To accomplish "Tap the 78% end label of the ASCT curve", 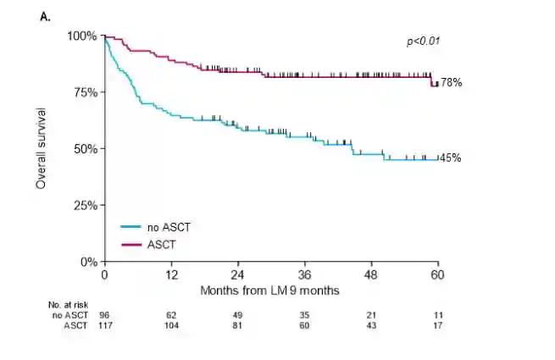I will click(x=451, y=82).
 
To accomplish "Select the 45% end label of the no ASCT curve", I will click(x=450, y=158).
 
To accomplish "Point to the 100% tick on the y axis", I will click(x=84, y=36).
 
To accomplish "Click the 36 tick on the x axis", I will click(x=304, y=276).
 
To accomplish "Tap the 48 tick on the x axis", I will click(x=371, y=276).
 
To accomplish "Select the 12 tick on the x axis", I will click(x=170, y=276).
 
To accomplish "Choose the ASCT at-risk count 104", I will click(x=170, y=326).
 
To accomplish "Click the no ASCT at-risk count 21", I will click(x=371, y=315).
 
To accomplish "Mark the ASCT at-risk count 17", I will click(x=437, y=326).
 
